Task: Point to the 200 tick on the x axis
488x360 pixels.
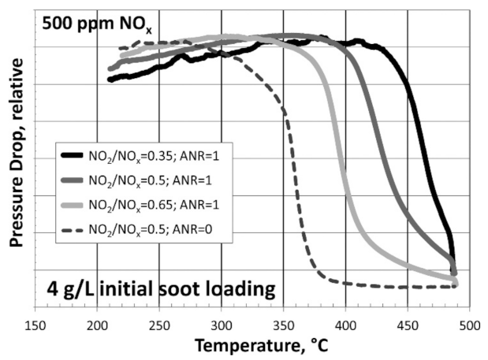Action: tap(97, 325)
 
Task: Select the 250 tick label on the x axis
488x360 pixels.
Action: tap(159, 325)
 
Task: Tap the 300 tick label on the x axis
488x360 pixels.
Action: tap(222, 325)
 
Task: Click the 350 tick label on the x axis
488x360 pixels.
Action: tap(284, 325)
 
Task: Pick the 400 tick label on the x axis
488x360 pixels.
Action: tap(346, 325)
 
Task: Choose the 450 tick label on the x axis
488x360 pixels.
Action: tap(408, 325)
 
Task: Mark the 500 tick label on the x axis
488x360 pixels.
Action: tap(470, 325)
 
